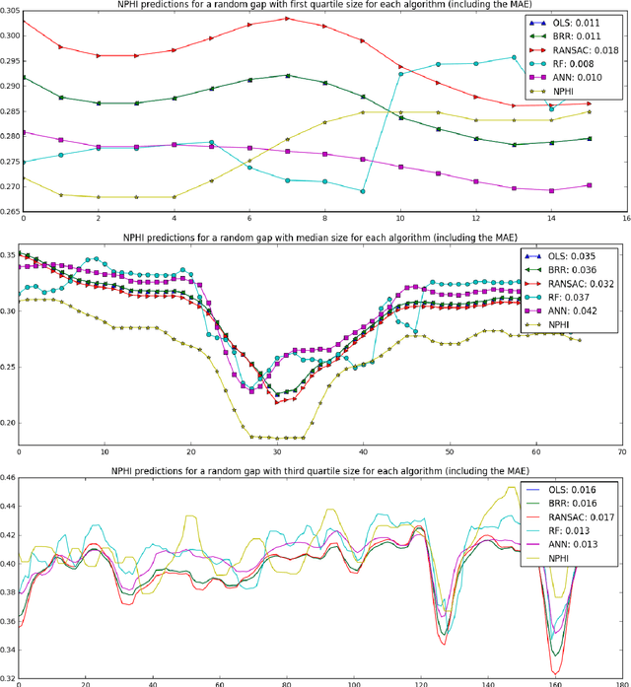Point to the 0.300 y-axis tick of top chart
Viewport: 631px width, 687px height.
[10, 35]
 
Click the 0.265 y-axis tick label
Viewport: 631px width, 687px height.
[10, 210]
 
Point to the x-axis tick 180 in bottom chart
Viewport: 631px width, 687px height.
[619, 683]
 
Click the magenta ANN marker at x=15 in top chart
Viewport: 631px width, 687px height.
[589, 185]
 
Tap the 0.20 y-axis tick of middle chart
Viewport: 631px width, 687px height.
[10, 423]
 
